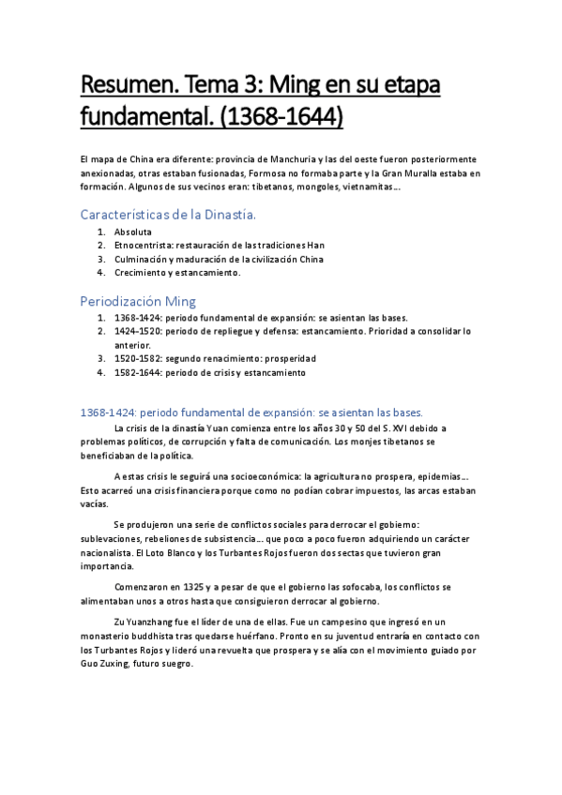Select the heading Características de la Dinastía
[168, 216]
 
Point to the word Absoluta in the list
[132, 232]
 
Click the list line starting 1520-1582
[215, 358]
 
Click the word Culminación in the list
[143, 259]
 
